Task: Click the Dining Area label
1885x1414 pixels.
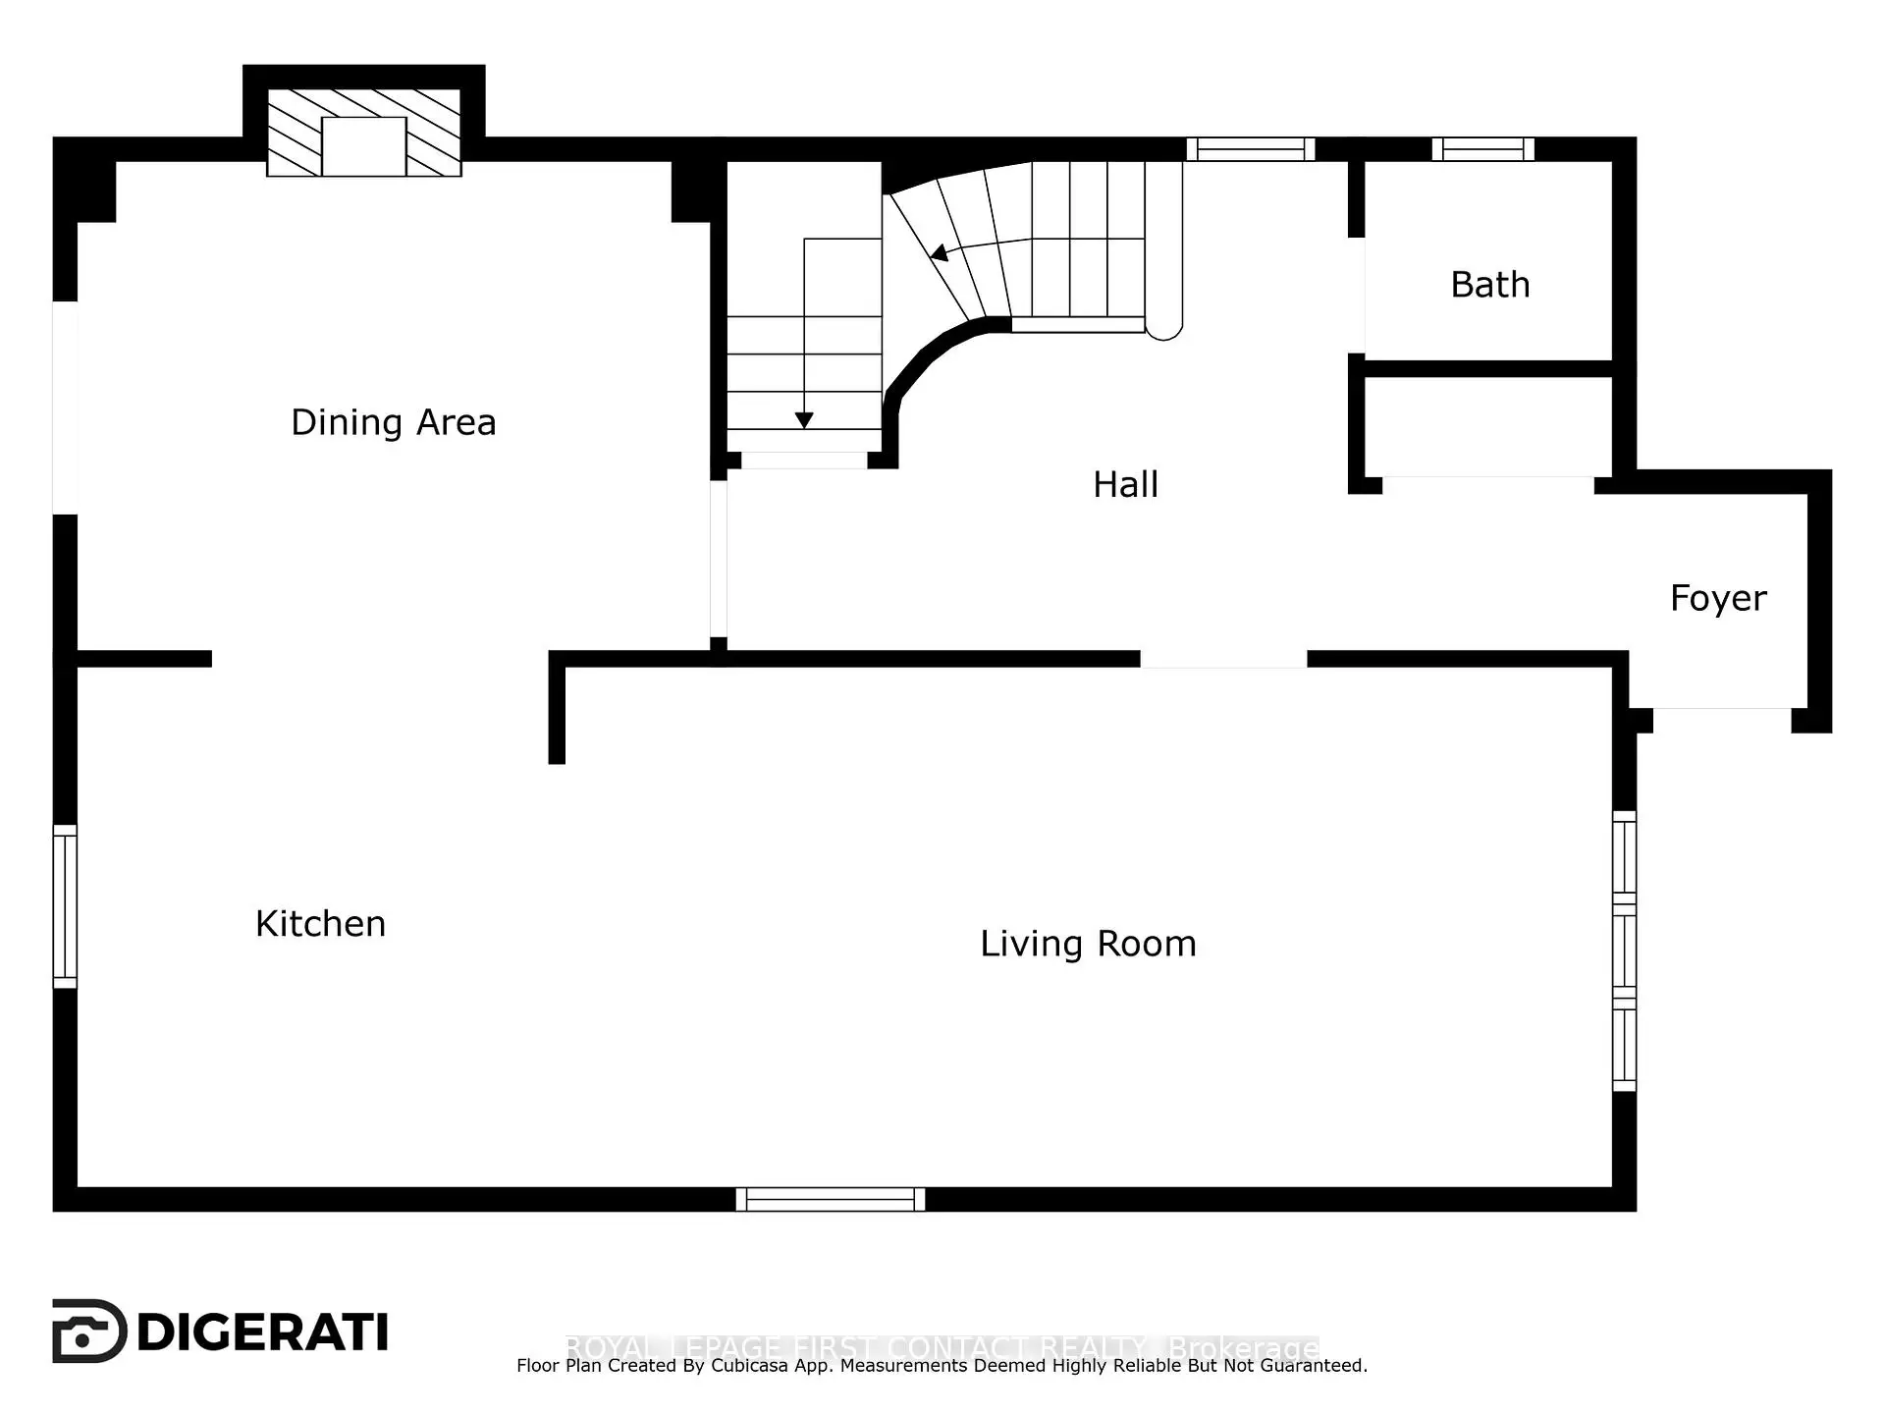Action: coord(393,423)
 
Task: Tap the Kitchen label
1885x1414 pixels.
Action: coord(320,924)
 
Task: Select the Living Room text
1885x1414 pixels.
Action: coord(1088,944)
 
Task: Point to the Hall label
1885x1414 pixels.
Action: coord(1125,484)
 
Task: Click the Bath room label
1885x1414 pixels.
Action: coord(1489,285)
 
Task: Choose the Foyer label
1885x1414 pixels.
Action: coord(1718,598)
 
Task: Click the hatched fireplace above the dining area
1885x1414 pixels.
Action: coord(364,134)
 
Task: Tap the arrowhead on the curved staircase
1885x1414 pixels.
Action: coord(940,253)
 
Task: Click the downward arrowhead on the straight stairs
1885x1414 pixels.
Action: coord(804,420)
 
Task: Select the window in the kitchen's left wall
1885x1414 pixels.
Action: coord(65,906)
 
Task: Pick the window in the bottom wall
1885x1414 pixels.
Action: coord(831,1199)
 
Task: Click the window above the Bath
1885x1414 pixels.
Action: coord(1482,149)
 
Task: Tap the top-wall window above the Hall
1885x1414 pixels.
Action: coord(1250,149)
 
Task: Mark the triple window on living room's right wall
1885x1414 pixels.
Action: coord(1624,951)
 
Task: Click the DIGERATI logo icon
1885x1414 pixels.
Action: coord(88,1332)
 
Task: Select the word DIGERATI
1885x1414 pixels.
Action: coord(263,1332)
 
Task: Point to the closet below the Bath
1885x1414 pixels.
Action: coord(1488,427)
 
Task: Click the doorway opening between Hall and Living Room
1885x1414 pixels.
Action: coord(1223,659)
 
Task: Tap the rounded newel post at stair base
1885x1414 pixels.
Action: coord(1164,328)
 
